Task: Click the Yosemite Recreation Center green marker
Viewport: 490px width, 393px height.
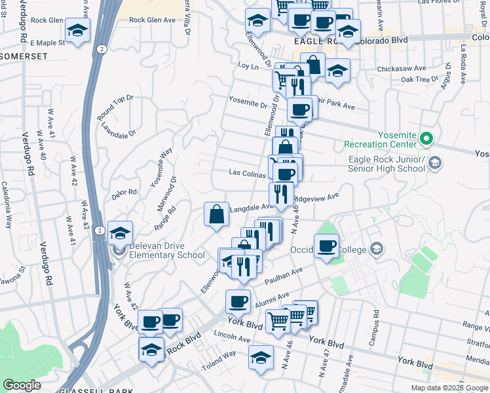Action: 426,138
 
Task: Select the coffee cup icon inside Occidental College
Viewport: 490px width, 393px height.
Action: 326,246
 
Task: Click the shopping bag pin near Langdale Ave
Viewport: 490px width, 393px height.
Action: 217,214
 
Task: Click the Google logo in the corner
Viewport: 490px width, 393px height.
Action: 22,385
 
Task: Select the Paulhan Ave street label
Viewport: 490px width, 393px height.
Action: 284,276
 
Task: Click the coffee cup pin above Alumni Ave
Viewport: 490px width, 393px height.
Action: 238,301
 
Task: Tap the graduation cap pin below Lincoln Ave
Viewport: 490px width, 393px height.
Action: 261,358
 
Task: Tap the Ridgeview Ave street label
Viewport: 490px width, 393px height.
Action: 316,197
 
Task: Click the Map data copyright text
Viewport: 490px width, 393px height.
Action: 449,388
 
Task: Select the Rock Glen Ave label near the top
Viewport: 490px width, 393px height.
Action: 153,20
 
